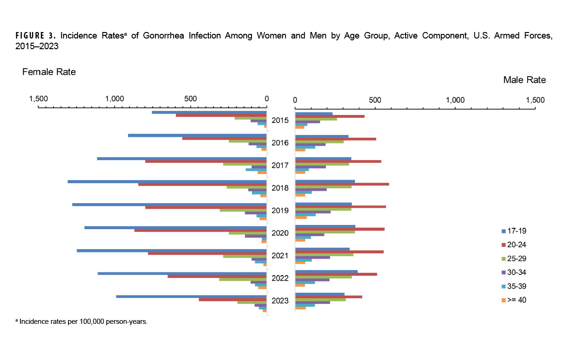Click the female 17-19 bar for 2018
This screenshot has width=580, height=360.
(167, 181)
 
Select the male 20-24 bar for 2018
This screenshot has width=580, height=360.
(342, 184)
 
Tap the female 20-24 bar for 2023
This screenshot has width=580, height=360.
(232, 300)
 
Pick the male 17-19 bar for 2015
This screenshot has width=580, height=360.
(314, 114)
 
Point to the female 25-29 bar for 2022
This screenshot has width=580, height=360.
(243, 279)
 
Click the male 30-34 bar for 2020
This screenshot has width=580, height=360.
(309, 235)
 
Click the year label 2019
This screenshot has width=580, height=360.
(280, 211)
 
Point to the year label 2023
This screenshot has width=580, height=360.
(280, 301)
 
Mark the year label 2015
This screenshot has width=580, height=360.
(280, 121)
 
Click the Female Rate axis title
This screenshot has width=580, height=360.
(49, 72)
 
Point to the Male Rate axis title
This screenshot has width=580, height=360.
(524, 80)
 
